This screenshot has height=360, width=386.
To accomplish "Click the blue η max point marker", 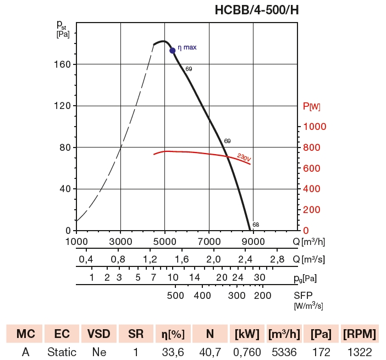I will (x=173, y=50).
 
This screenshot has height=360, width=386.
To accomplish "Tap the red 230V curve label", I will (x=244, y=158).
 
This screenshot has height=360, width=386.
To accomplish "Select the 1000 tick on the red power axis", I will (x=316, y=127).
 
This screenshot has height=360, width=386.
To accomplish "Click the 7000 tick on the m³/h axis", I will (x=209, y=242).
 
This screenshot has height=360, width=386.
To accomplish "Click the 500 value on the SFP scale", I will (x=175, y=296).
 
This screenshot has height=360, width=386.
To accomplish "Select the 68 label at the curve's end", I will (x=256, y=225).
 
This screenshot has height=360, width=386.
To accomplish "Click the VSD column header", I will (x=98, y=334).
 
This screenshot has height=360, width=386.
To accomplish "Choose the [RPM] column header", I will (x=360, y=334).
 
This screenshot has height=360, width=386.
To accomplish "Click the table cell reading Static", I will (x=62, y=352).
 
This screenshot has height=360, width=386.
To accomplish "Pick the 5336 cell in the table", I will (x=284, y=352).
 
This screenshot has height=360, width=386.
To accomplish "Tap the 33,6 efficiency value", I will (x=172, y=352).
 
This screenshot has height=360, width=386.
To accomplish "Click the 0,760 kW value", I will (x=246, y=352).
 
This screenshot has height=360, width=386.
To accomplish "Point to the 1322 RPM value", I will (x=360, y=352).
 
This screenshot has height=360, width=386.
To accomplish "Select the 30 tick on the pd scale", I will (x=260, y=277).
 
